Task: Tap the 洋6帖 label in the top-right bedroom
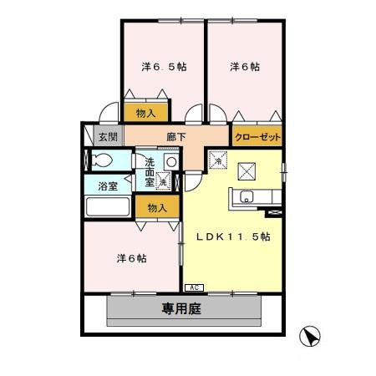(245, 67)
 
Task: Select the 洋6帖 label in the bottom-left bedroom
(131, 258)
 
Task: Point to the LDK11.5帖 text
(233, 236)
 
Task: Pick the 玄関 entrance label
(108, 135)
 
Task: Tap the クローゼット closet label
(257, 135)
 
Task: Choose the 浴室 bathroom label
(107, 186)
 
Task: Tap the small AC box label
(192, 288)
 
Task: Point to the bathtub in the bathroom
(108, 208)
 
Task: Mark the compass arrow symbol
(312, 337)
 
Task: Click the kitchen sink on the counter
(247, 198)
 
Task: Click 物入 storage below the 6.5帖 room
(146, 112)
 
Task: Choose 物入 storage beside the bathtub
(157, 207)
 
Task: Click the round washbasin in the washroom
(170, 161)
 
